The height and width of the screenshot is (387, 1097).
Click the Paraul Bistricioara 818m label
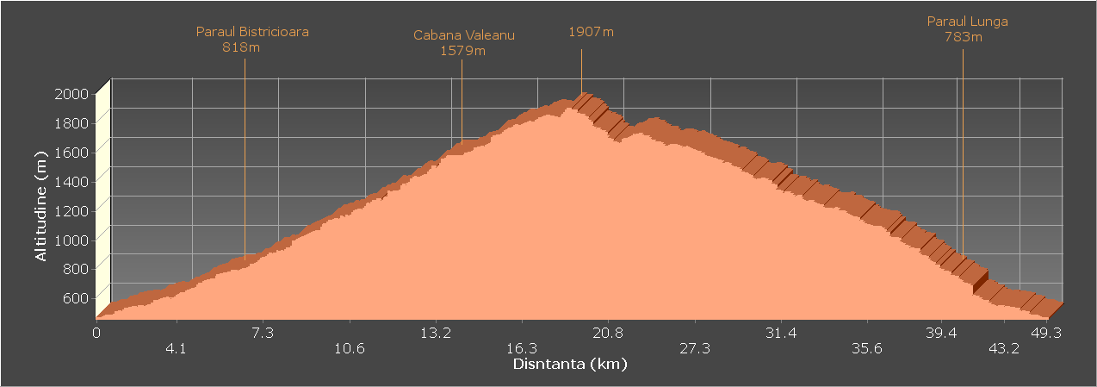tap(252, 40)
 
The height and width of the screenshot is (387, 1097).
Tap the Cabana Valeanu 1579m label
tap(463, 43)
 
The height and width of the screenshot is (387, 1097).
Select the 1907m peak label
tap(591, 32)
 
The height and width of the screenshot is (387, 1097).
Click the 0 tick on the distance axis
tap(97, 333)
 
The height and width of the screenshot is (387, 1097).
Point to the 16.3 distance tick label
tap(522, 348)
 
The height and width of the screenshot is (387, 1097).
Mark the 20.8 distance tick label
tap(608, 333)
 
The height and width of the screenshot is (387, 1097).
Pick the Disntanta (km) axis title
tap(570, 364)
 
